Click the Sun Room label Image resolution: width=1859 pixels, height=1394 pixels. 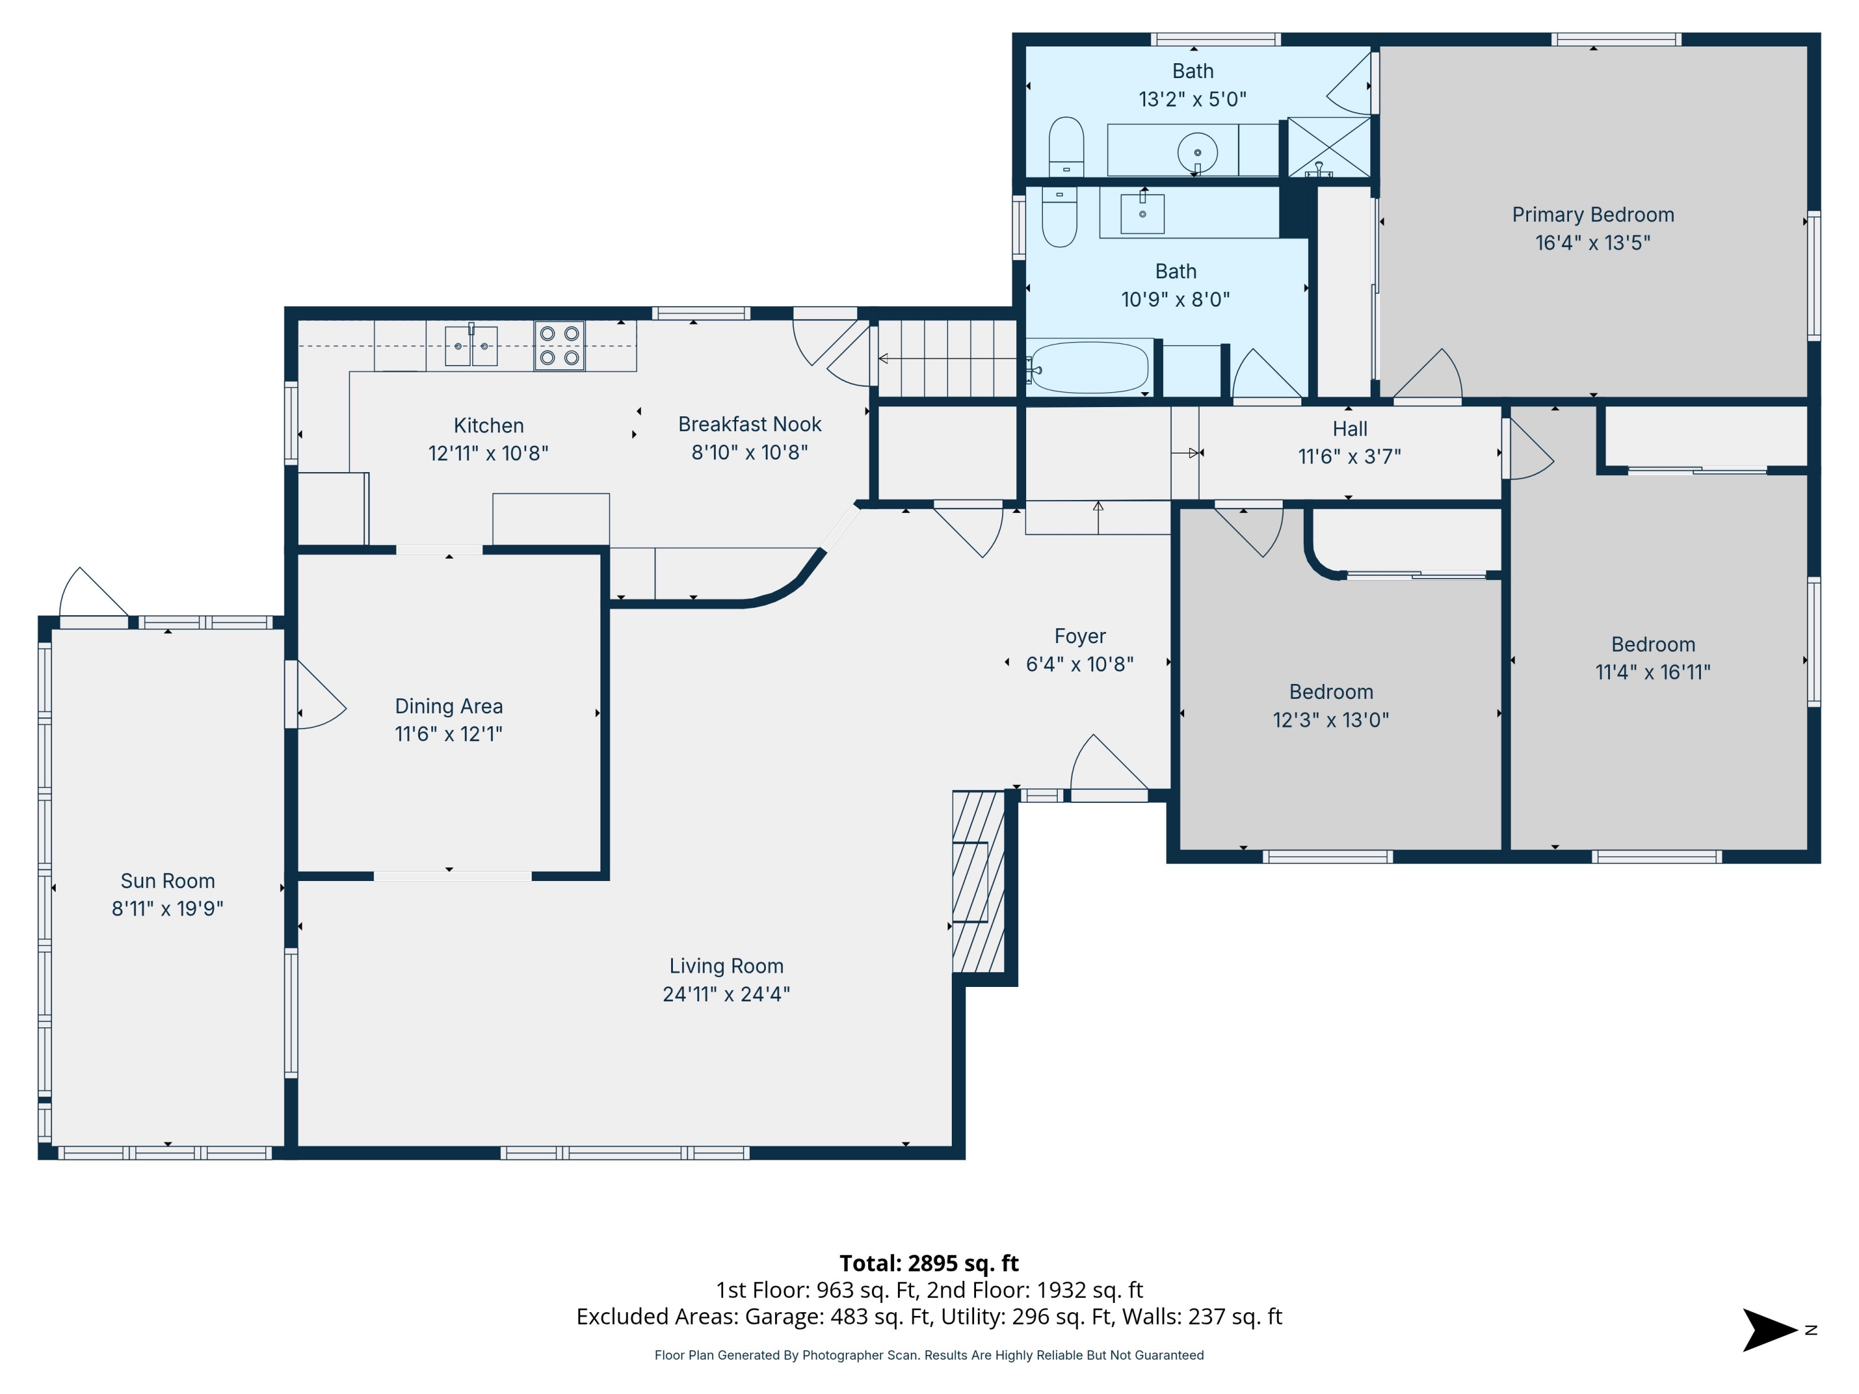tap(167, 880)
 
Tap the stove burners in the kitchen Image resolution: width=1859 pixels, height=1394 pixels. tap(559, 345)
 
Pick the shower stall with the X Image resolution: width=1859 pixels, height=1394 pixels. tap(1329, 147)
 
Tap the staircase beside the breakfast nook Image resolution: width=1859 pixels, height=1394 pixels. tap(947, 359)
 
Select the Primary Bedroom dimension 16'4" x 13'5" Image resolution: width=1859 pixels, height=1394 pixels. tap(1592, 243)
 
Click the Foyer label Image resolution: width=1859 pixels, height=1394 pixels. tap(1080, 636)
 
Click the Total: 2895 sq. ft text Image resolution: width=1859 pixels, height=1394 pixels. tap(929, 1263)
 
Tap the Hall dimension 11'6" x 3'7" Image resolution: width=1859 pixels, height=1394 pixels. tap(1349, 456)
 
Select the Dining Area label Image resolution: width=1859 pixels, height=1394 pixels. tap(449, 706)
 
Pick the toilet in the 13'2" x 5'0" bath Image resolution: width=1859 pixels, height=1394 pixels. tap(1066, 146)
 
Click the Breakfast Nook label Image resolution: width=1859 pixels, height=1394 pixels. tap(750, 424)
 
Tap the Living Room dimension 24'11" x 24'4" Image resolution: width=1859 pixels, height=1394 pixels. tap(726, 994)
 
